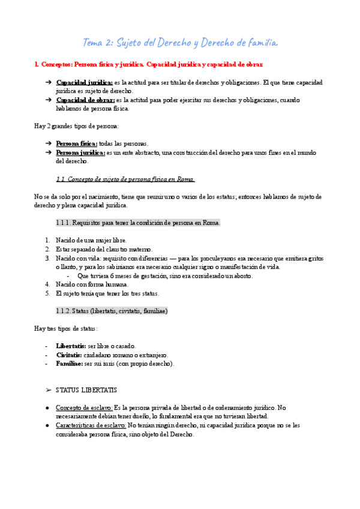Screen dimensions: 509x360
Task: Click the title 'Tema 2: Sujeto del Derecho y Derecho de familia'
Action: pyautogui.click(x=179, y=42)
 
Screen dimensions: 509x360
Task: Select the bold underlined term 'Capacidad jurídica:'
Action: pyautogui.click(x=84, y=82)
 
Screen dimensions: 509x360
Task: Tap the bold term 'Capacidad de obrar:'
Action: pyautogui.click(x=85, y=100)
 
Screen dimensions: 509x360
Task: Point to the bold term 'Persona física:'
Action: pyautogui.click(x=77, y=144)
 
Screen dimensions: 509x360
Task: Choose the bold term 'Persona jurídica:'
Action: pyautogui.click(x=80, y=153)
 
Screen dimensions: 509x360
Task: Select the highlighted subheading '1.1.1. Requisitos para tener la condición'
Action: pyautogui.click(x=138, y=223)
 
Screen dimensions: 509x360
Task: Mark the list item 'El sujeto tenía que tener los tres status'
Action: pyautogui.click(x=107, y=294)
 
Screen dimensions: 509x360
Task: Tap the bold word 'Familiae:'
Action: pyautogui.click(x=70, y=363)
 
